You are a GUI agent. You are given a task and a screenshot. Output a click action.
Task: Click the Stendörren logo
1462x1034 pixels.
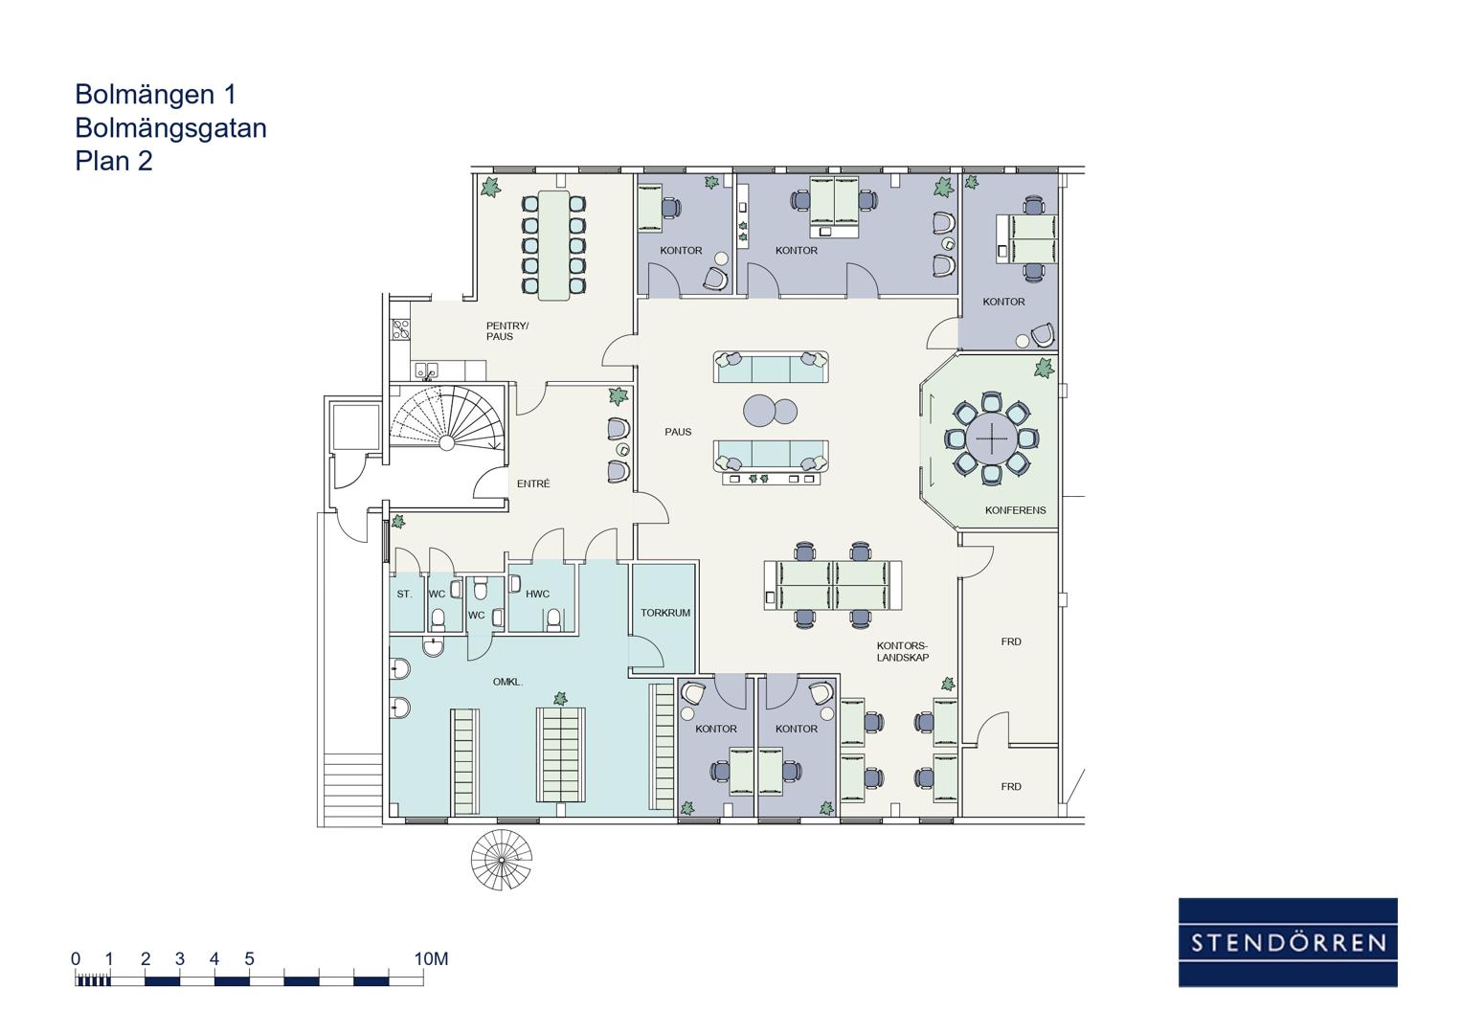pos(1287,942)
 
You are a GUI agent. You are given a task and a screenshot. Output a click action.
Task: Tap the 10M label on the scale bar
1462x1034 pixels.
pos(431,958)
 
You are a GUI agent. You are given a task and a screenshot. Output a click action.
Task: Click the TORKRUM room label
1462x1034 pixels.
pos(665,613)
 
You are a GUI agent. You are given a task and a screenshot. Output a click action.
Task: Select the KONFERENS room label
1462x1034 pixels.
pos(1015,509)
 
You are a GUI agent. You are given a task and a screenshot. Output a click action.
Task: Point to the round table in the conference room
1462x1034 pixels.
pos(991,438)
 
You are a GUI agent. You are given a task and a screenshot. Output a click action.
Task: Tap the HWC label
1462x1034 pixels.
pos(537,594)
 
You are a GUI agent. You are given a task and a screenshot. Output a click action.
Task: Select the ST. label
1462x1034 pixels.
pos(404,594)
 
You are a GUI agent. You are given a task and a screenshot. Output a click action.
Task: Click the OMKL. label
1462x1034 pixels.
pos(507,682)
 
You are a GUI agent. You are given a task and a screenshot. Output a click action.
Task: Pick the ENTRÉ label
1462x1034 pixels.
pos(533,483)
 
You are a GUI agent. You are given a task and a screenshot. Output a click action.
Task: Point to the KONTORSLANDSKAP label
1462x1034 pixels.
pos(902,651)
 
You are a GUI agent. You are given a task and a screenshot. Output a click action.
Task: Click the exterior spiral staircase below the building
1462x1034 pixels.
pos(502,860)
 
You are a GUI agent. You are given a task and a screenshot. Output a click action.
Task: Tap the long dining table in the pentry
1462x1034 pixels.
pos(553,245)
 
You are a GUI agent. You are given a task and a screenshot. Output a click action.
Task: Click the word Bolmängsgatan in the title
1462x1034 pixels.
pos(170,128)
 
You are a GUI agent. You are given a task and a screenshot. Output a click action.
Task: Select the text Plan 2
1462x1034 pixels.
pos(114,161)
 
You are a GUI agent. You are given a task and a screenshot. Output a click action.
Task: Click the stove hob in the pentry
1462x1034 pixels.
pos(400,329)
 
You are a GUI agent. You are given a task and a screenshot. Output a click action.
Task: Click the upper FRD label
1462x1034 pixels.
pos(1010,641)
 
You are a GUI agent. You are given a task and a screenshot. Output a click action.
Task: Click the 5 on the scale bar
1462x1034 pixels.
pos(249,958)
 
